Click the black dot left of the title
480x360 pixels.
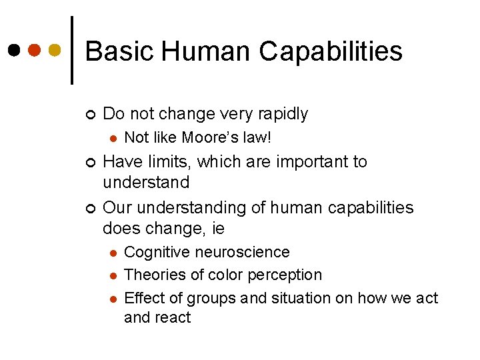(14, 50)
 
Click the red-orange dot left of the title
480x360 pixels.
(35, 50)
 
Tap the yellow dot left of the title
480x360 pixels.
(55, 50)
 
